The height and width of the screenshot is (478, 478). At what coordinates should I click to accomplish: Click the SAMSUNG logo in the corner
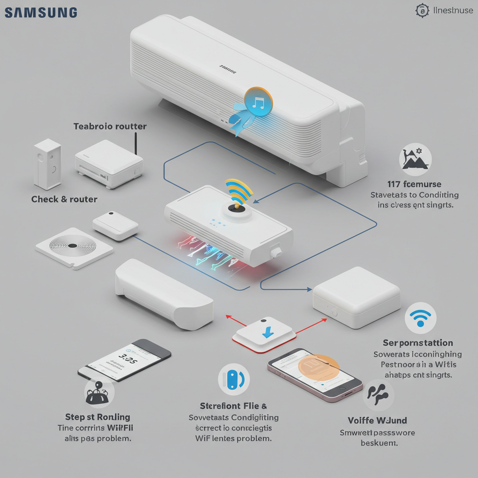[x=41, y=12]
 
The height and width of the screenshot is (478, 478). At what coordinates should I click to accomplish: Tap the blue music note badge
[x=258, y=101]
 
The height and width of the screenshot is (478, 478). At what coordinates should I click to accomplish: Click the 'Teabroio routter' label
[x=110, y=127]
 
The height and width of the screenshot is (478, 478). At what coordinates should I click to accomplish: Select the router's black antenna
[x=135, y=143]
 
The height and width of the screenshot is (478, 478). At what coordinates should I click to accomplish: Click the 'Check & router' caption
[x=64, y=199]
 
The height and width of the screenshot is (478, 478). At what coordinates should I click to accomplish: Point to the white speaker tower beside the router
[x=47, y=164]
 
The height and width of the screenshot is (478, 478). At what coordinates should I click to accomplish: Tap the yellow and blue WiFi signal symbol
[x=238, y=191]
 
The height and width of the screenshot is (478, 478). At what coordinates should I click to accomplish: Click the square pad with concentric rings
[x=74, y=246]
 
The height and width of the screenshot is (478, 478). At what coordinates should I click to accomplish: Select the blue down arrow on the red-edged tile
[x=268, y=332]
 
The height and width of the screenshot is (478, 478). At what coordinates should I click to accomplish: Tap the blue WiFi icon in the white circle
[x=421, y=318]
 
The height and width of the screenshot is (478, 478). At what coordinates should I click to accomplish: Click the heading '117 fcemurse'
[x=415, y=184]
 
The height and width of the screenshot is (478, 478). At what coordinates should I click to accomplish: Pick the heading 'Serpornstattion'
[x=418, y=343]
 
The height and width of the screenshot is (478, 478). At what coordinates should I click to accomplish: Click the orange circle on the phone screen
[x=319, y=367]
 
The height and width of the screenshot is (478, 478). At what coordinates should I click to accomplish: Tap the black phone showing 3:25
[x=125, y=360]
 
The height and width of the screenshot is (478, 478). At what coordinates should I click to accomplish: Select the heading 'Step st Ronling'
[x=98, y=417]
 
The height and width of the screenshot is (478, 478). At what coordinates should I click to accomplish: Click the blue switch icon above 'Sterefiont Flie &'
[x=233, y=380]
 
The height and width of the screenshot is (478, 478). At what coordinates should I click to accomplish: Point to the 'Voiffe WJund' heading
[x=377, y=421]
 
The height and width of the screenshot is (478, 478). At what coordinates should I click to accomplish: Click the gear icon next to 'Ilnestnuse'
[x=422, y=11]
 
